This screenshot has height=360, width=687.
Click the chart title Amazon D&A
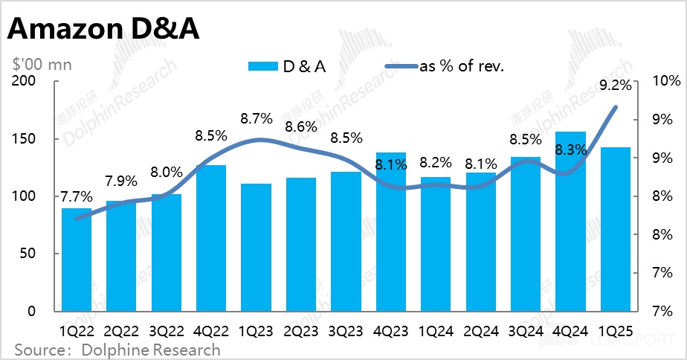[104, 30]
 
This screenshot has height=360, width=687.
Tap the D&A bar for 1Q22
[77, 260]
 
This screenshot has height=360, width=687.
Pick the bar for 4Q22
[211, 238]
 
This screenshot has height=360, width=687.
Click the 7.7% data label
[77, 197]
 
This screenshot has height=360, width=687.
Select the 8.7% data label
[257, 118]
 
